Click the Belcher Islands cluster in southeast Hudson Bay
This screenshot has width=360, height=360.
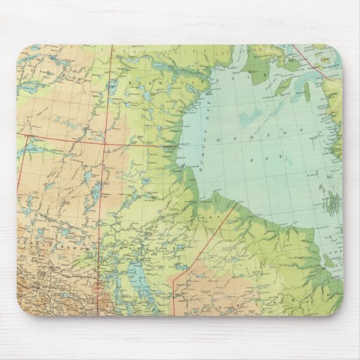click(x=331, y=202)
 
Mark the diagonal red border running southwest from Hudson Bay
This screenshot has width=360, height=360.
click(x=204, y=245)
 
